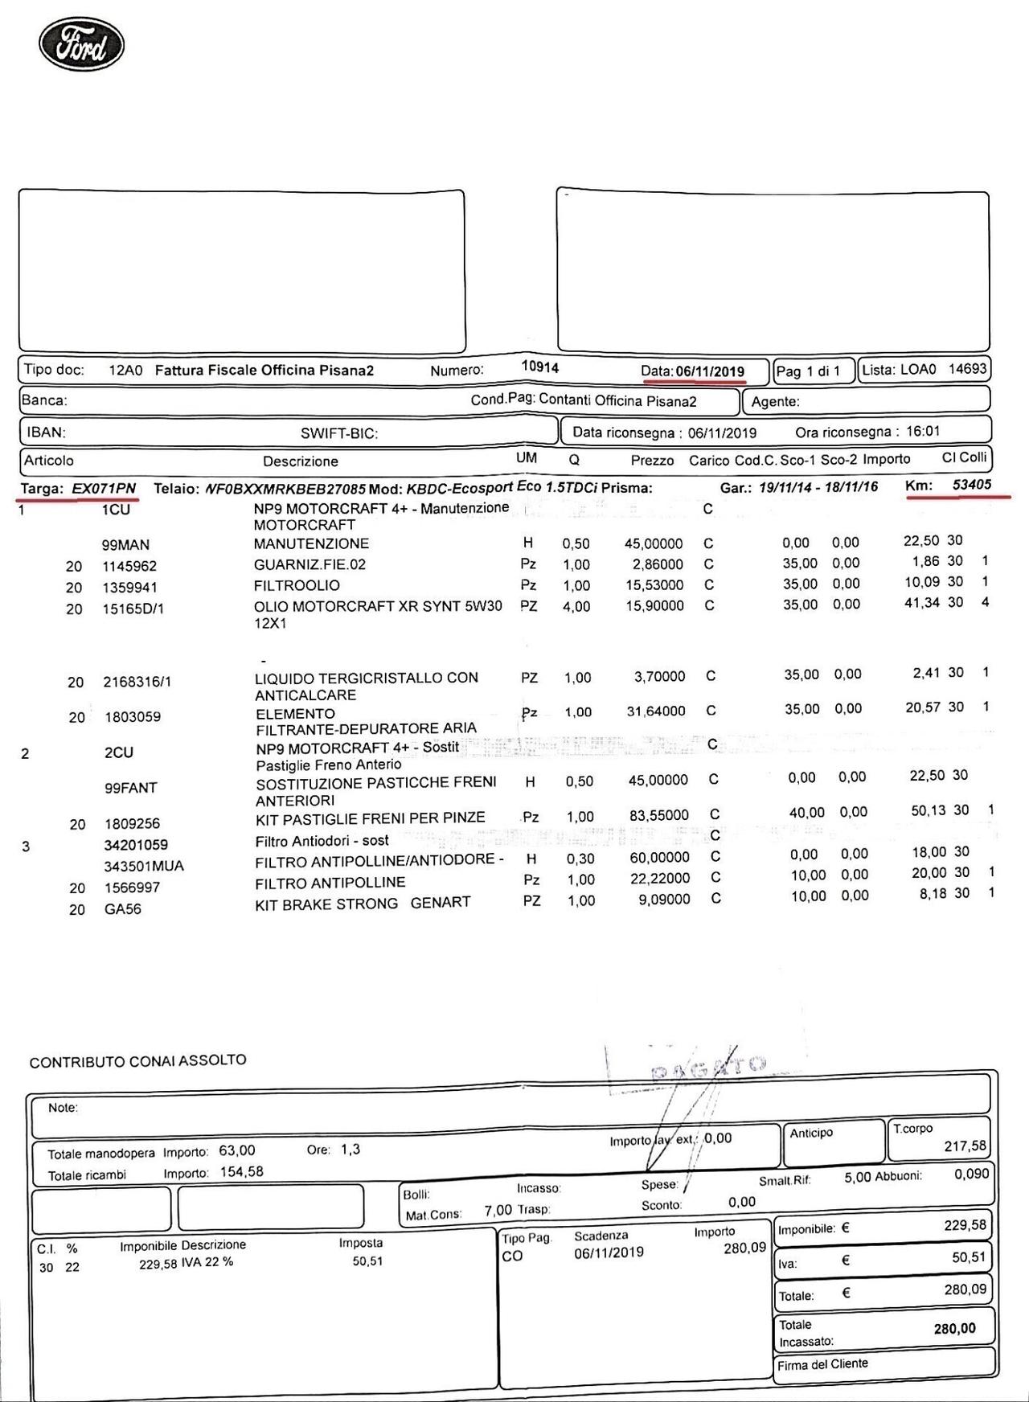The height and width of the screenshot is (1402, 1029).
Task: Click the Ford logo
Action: (81, 45)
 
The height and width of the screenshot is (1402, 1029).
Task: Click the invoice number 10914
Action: (539, 367)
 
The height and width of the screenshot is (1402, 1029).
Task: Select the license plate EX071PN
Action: (104, 488)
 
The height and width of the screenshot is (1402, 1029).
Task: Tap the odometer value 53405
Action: (971, 485)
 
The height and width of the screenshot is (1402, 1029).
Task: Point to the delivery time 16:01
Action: (922, 431)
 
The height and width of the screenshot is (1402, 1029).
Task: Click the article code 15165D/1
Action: (133, 609)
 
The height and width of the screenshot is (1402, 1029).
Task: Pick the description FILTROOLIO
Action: (297, 585)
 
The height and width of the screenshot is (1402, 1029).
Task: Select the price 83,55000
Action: (658, 815)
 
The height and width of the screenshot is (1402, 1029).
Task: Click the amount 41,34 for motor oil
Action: (922, 602)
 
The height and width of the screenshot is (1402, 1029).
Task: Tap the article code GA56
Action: (122, 909)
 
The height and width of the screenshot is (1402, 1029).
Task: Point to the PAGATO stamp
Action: (707, 1068)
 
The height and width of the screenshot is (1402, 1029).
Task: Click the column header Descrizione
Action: (301, 461)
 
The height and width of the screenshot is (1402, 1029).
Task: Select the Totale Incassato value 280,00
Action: (954, 1329)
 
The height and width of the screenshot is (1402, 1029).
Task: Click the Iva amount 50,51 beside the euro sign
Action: (968, 1257)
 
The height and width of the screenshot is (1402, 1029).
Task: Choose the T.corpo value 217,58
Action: (965, 1146)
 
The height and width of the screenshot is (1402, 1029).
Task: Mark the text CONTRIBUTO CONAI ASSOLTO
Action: (138, 1061)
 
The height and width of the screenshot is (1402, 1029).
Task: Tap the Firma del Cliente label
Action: (822, 1363)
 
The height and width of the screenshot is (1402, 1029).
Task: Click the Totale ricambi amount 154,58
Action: (241, 1171)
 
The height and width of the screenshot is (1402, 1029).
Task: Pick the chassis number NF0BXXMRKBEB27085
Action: (286, 488)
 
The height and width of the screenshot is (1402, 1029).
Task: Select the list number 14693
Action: (967, 369)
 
